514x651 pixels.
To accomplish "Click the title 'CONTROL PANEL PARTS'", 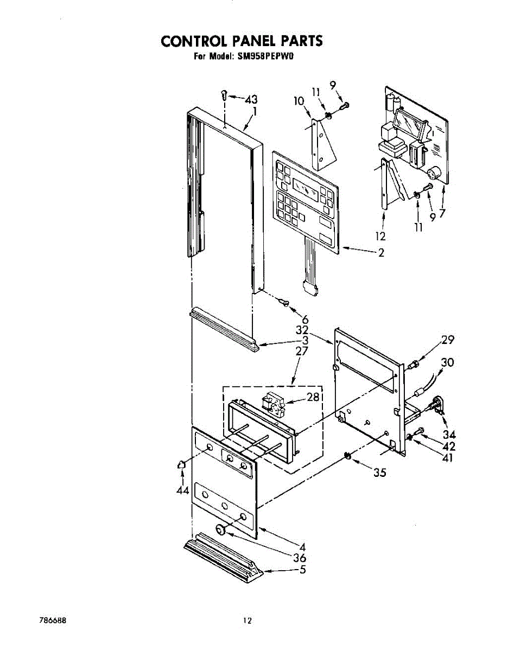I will click(x=242, y=41).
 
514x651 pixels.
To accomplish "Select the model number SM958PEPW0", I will click(x=265, y=55).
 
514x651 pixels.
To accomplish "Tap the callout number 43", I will click(x=251, y=100).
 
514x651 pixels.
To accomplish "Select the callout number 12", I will click(x=380, y=237).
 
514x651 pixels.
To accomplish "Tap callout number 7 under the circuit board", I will click(x=443, y=213).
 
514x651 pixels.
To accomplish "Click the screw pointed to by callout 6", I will click(x=283, y=302).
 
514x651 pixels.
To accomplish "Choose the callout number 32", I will click(x=302, y=330).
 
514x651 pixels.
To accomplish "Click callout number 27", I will click(x=302, y=351).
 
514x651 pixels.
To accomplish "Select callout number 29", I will click(x=447, y=340).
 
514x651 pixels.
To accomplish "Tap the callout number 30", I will click(x=448, y=362).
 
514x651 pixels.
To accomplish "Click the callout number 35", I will click(x=379, y=473).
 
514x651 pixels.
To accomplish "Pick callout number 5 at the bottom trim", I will click(x=302, y=570).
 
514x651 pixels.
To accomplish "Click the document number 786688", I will click(x=54, y=620).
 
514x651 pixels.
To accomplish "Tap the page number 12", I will click(x=248, y=621).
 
